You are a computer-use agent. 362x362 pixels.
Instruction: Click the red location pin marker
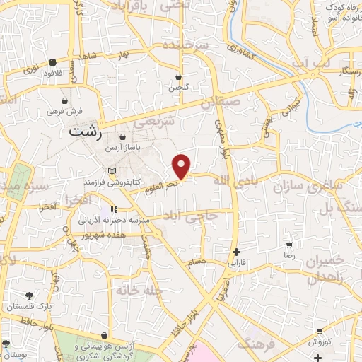coord(182,166)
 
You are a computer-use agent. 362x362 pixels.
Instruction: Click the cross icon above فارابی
coord(236,252)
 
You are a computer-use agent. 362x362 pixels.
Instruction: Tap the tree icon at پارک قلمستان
coord(30,296)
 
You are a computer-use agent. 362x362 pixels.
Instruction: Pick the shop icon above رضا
coord(289,244)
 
